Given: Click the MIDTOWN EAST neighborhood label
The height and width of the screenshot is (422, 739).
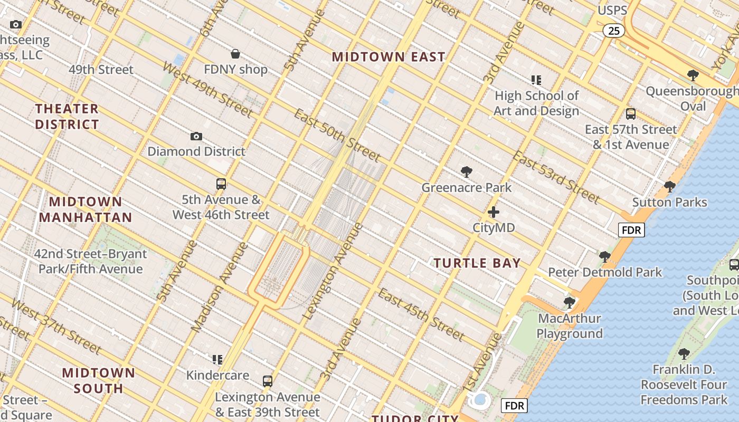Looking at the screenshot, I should click(x=389, y=57).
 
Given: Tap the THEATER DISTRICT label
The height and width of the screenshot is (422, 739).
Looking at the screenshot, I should click(x=67, y=117).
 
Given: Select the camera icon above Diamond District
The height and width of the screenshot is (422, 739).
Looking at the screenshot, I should click(x=196, y=137).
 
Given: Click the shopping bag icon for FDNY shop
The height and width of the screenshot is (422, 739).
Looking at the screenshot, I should click(x=235, y=54).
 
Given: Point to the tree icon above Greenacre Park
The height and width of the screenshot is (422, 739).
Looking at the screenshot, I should click(x=466, y=172).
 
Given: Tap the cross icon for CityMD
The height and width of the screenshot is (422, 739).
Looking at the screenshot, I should click(x=494, y=213).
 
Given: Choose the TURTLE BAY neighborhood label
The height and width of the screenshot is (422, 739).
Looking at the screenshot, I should click(x=477, y=263).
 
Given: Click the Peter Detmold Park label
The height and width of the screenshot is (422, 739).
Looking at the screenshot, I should click(x=604, y=272).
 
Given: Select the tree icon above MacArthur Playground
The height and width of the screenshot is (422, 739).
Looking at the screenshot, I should click(x=569, y=303).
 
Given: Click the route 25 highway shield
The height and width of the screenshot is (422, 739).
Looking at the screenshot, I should click(x=614, y=31).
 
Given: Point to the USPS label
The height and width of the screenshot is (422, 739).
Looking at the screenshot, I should click(x=612, y=11).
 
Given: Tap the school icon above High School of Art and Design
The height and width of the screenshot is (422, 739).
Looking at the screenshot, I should click(x=536, y=80).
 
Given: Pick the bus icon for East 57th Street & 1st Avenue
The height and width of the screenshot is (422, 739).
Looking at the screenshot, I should click(x=630, y=114).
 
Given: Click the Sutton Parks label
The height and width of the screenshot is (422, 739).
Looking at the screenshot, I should click(x=669, y=202).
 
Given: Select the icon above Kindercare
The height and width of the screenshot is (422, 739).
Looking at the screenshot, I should click(x=217, y=360).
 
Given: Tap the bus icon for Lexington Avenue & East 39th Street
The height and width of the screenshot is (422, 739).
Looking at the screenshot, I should click(x=268, y=381).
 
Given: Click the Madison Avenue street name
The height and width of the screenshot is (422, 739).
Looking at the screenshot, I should click(x=219, y=287).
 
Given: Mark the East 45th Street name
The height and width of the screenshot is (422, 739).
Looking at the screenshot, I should click(x=421, y=314).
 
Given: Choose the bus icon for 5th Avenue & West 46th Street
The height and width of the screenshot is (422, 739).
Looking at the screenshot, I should click(x=221, y=184).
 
